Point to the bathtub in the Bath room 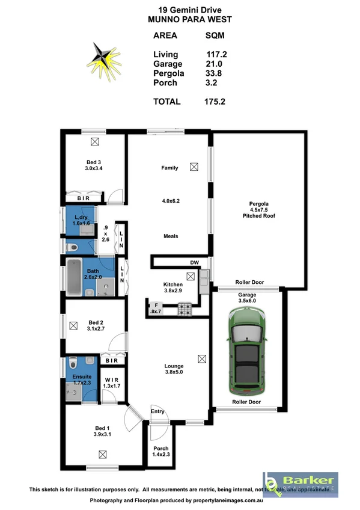75,275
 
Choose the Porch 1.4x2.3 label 161,451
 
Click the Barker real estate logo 300,484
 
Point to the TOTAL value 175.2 215,102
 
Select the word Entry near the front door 157,411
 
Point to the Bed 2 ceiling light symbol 74,325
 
